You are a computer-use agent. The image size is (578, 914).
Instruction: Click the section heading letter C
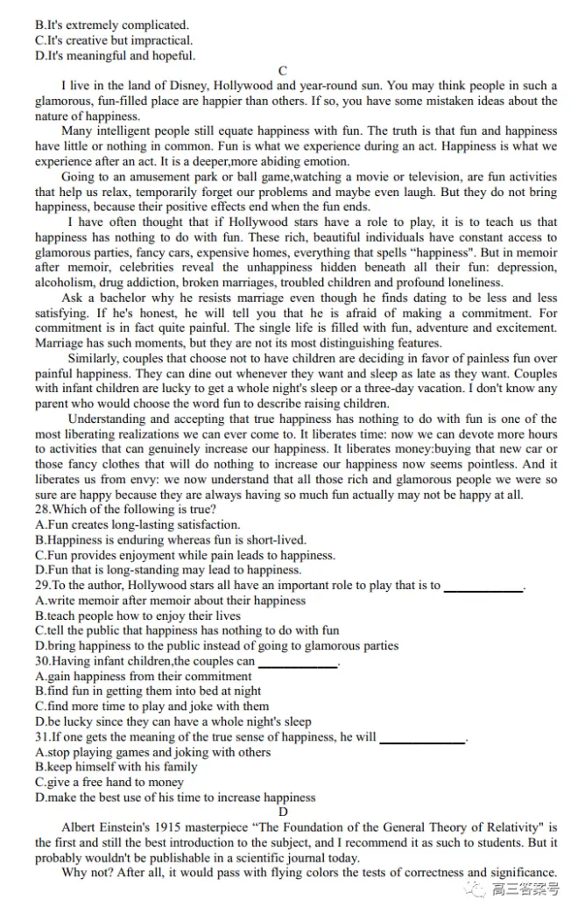pyautogui.click(x=282, y=71)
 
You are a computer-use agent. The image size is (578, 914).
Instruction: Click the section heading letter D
pyautogui.click(x=283, y=812)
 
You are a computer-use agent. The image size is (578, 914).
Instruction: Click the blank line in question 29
pyautogui.click(x=483, y=587)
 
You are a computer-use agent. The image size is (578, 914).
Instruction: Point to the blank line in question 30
pyautogui.click(x=298, y=663)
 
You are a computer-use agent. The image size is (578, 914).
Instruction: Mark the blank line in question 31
pyautogui.click(x=422, y=738)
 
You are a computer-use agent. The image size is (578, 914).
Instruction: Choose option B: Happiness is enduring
pyautogui.click(x=171, y=540)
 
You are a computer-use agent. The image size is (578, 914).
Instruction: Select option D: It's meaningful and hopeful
pyautogui.click(x=115, y=56)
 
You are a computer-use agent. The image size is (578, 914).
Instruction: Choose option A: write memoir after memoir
pyautogui.click(x=171, y=601)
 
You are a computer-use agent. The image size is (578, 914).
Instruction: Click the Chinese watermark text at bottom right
pyautogui.click(x=525, y=891)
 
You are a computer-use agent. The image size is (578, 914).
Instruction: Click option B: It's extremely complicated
pyautogui.click(x=111, y=25)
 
